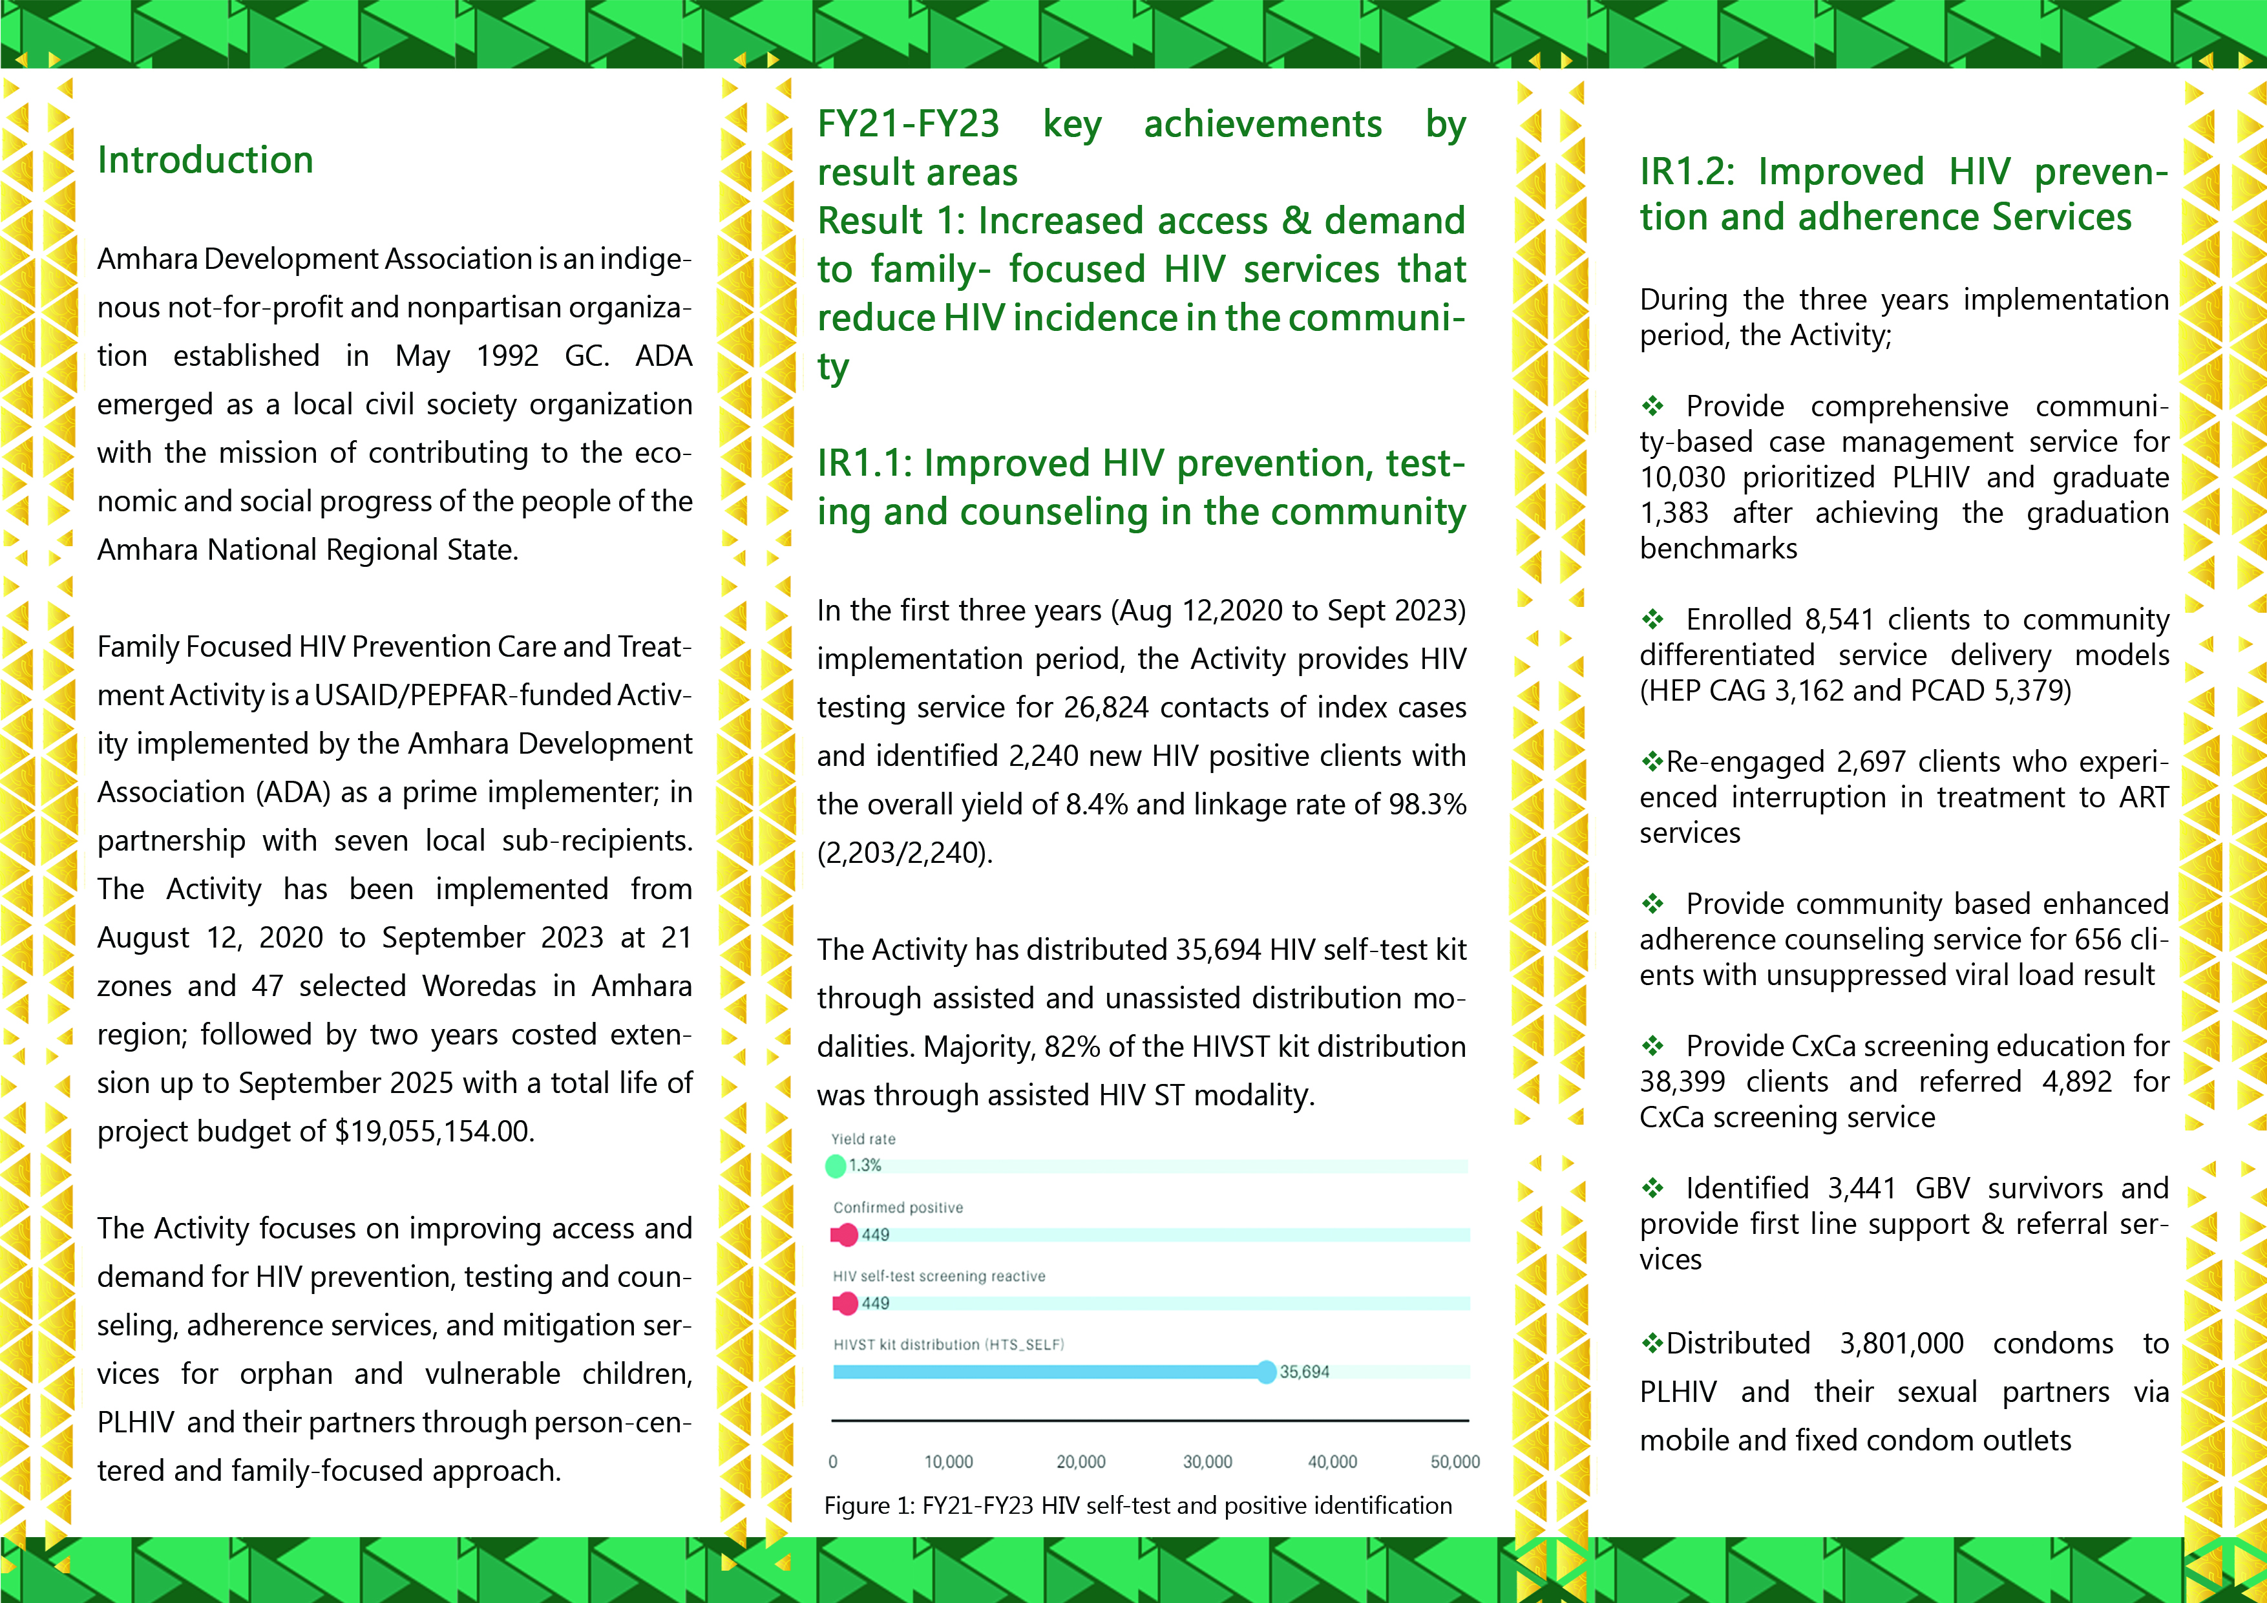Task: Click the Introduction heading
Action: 206,160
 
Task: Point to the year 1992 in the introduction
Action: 507,356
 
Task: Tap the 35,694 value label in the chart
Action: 1303,1372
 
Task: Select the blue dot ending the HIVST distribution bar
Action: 1266,1372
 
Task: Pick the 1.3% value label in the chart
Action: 865,1165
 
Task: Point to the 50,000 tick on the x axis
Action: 1455,1461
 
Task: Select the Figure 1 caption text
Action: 1137,1505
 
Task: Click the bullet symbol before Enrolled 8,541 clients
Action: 1653,619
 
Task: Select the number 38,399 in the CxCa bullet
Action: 1682,1081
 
